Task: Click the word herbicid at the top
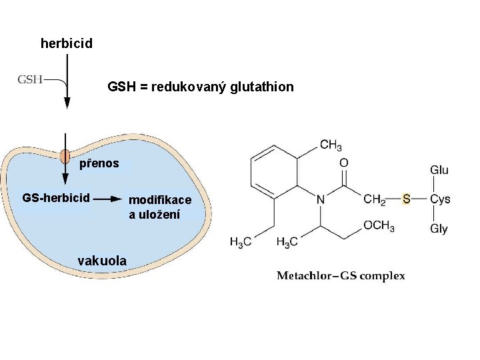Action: (x=66, y=44)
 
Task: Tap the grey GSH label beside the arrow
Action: (x=30, y=80)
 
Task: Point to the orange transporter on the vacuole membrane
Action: (x=65, y=157)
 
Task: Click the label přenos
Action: (x=99, y=163)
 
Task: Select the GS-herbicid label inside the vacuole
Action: (x=56, y=198)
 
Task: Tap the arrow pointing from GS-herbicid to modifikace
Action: (x=109, y=198)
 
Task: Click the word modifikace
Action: (x=160, y=200)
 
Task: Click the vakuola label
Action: (x=102, y=261)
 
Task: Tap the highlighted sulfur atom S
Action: (x=407, y=199)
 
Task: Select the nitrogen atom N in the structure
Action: (x=321, y=199)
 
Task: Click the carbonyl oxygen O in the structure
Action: (x=344, y=163)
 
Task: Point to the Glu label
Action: (x=439, y=170)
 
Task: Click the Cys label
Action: (x=440, y=199)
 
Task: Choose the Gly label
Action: (x=439, y=229)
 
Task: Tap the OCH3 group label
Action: (x=379, y=226)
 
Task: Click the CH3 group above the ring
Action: (x=331, y=145)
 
